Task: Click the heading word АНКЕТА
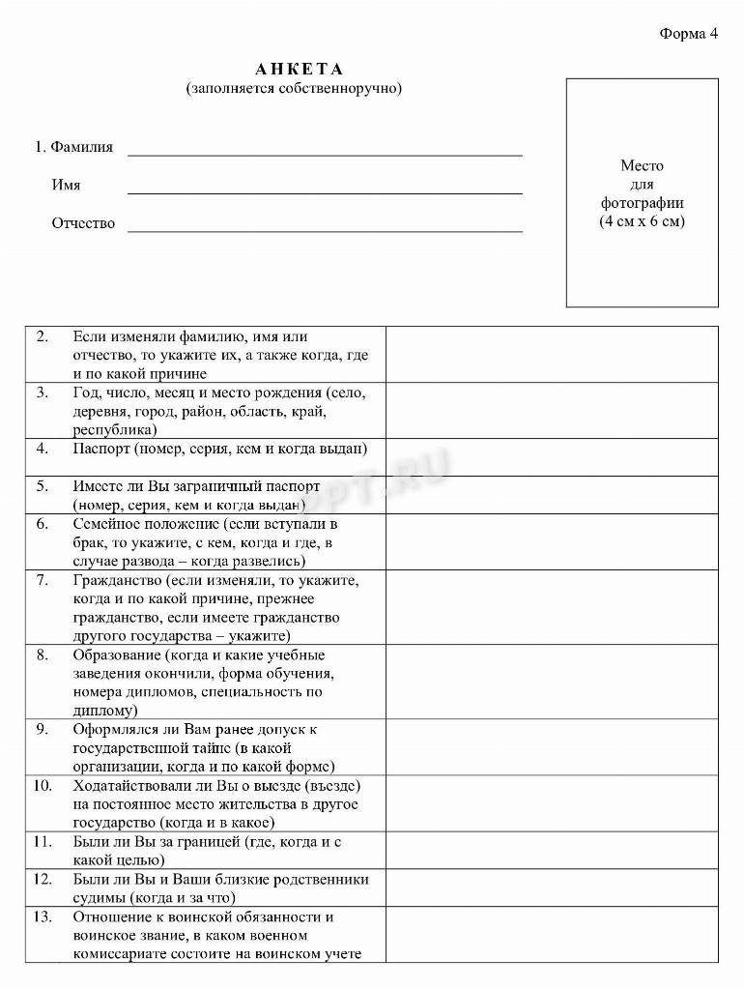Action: (300, 70)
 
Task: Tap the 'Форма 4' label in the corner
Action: (689, 33)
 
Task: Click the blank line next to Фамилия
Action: (325, 152)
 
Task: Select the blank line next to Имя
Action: (325, 190)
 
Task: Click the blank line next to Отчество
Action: (325, 228)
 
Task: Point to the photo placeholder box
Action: (642, 193)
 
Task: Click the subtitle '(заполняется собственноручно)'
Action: (294, 89)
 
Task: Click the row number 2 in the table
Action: (43, 336)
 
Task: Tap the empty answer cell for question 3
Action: (552, 411)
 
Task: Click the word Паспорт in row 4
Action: (100, 449)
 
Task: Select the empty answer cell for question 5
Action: (552, 495)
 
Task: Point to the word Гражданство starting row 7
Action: (116, 580)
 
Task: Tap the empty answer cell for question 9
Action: (552, 747)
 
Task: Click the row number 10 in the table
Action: (43, 785)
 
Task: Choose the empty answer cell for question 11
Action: (552, 851)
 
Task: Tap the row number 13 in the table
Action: (43, 916)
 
